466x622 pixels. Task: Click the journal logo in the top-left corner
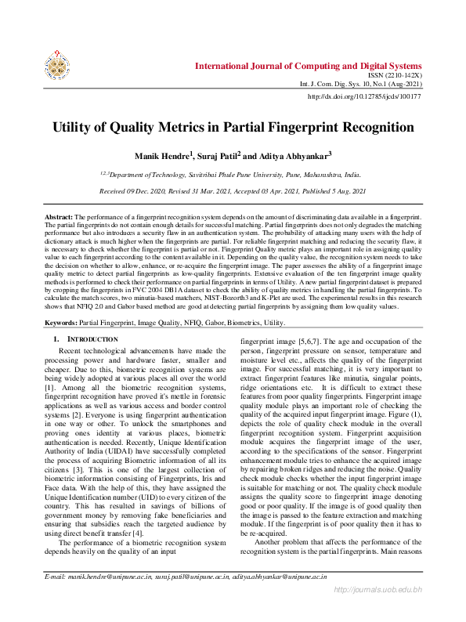point(57,67)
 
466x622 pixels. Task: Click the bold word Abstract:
point(58,215)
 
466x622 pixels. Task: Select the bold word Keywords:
point(61,323)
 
